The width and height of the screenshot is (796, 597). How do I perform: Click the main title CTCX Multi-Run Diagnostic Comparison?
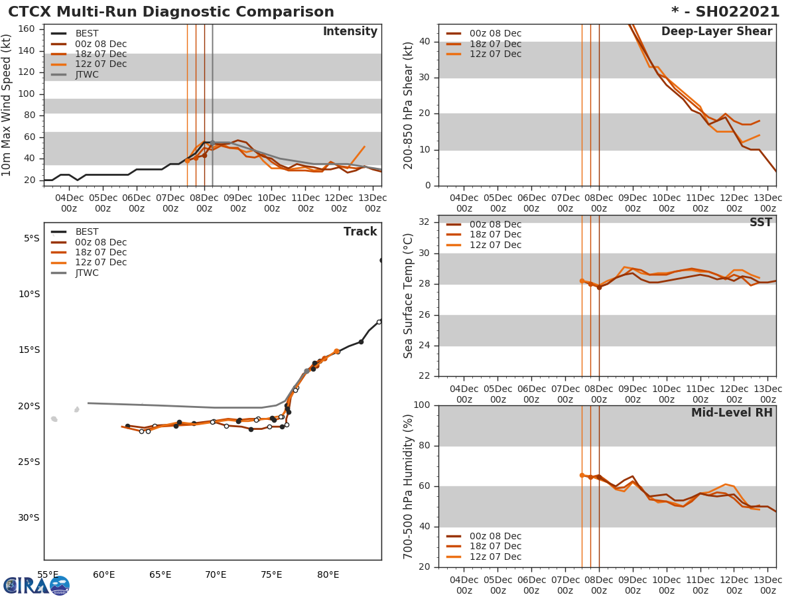coord(171,12)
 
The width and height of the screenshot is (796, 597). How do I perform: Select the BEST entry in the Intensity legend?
coord(86,33)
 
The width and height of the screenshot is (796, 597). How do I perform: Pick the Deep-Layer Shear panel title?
coord(716,32)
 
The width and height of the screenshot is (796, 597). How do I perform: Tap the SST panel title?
coord(760,223)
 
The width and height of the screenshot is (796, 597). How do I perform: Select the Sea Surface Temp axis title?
coord(409,296)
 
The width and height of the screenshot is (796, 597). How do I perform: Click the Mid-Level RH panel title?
coord(732,413)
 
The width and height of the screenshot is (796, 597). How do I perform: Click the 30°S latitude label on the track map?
coord(28,517)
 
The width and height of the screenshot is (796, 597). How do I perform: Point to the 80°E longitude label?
coord(328,574)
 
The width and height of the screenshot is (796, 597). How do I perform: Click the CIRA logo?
coord(36,585)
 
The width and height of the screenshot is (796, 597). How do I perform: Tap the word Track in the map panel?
coord(360,232)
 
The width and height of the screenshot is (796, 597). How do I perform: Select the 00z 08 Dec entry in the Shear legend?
coord(495,34)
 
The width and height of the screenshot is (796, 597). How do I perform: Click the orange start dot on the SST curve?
coord(582,281)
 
